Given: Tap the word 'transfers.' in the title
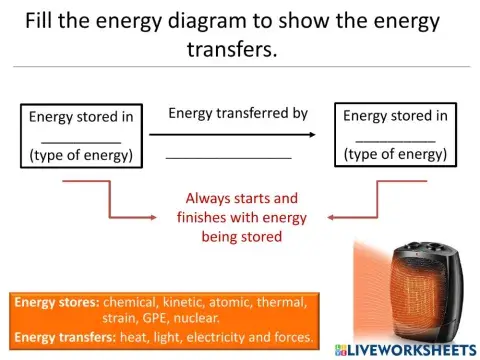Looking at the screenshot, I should (230, 49).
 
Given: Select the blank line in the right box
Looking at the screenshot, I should (395, 140).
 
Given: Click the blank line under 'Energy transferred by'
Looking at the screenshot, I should (228, 158).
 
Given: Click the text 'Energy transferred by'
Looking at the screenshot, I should (238, 113).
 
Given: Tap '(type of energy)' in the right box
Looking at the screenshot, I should (395, 154).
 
